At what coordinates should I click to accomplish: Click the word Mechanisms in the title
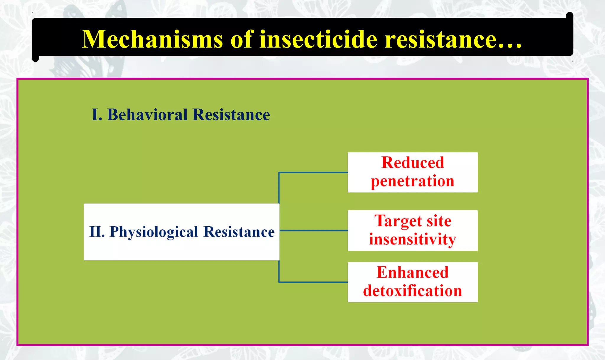pos(152,40)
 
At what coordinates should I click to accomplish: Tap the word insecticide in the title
pos(318,40)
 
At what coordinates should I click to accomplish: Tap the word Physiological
pos(154,232)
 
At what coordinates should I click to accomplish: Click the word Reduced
pos(412,163)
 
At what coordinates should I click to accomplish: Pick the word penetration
pos(412,182)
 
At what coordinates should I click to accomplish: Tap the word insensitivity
pos(412,239)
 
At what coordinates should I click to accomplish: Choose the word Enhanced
pos(412,272)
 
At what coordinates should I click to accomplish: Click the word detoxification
pos(412,291)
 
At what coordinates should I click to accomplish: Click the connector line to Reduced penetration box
pos(313,172)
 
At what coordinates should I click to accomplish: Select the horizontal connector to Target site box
pos(313,230)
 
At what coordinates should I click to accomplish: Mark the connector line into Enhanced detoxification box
pos(313,282)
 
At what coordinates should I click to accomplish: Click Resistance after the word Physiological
pos(239,232)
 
